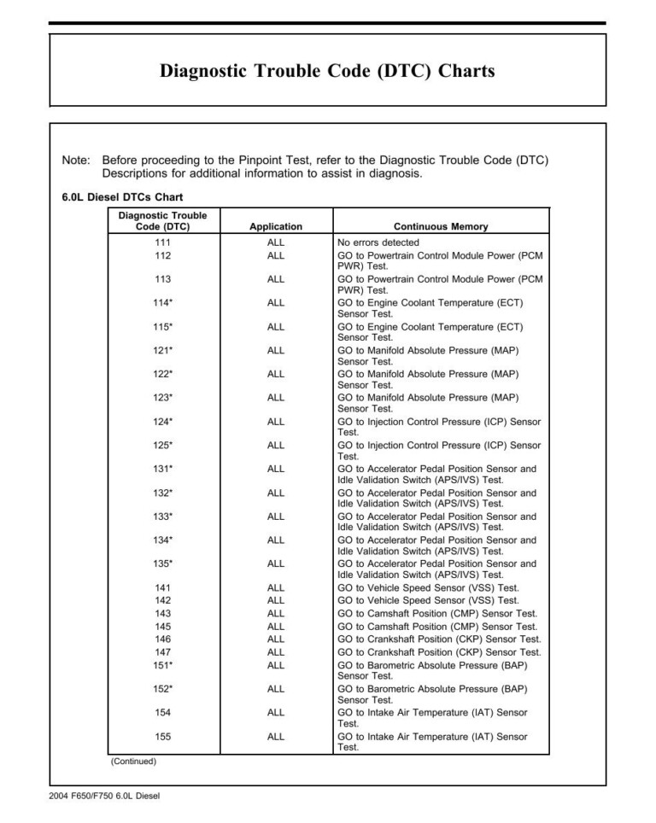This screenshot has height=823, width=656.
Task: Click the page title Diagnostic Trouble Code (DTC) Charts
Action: coord(327,72)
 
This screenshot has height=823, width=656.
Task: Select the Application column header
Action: coord(275,227)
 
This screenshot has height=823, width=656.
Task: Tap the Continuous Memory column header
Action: coord(441,227)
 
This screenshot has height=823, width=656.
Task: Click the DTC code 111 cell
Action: coord(162,243)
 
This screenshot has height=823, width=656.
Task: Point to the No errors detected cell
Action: coord(378,243)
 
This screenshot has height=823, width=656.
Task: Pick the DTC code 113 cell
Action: coord(162,279)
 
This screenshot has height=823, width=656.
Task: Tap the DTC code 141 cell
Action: coord(162,588)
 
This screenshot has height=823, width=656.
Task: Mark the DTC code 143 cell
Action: coord(162,614)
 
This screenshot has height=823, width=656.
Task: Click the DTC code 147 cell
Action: coord(162,652)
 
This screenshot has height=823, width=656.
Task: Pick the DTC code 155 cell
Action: coord(162,736)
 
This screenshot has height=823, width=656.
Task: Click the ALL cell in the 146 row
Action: coord(275,639)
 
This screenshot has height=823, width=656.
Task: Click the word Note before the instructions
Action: coord(76,161)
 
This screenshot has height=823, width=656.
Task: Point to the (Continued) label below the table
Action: coord(133,762)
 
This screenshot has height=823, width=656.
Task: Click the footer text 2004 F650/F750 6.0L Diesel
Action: coord(104,797)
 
